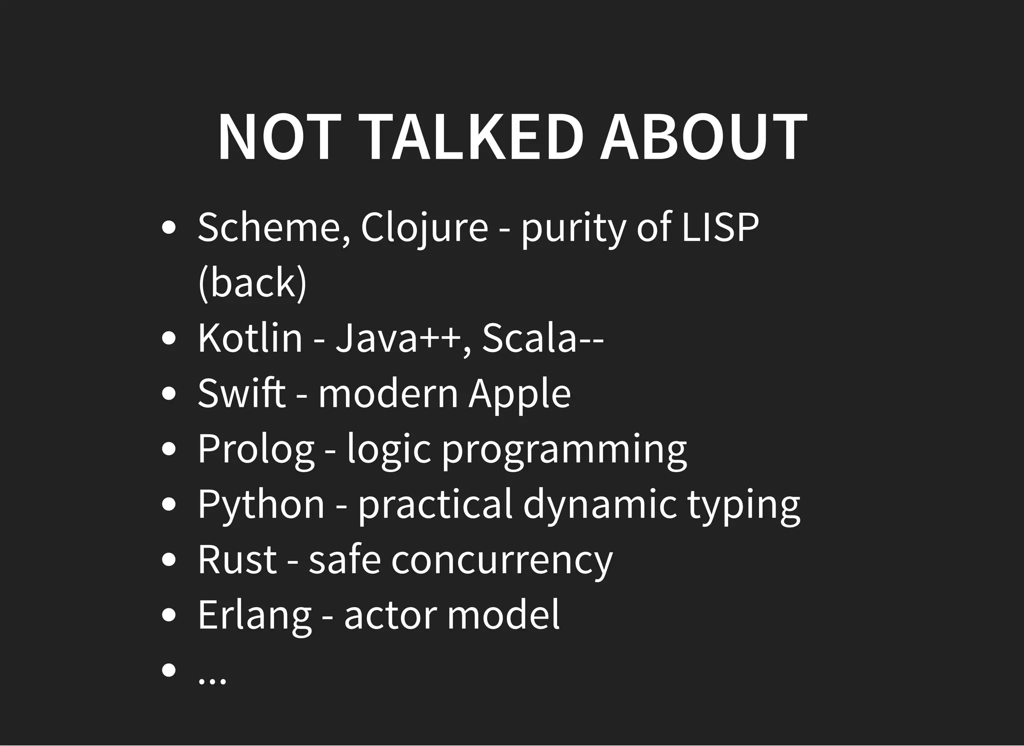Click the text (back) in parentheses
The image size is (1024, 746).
click(x=252, y=283)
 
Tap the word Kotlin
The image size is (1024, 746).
click(x=250, y=338)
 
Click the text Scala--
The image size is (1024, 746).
click(x=543, y=338)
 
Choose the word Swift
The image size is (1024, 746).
click(x=241, y=393)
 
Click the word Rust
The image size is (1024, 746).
click(x=237, y=560)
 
